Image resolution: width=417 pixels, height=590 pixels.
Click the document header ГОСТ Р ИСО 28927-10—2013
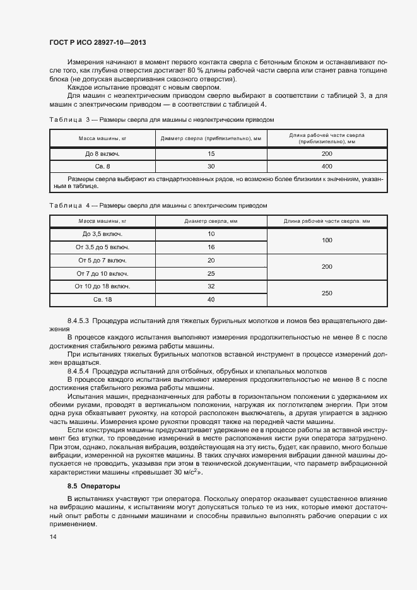pyautogui.click(x=98, y=43)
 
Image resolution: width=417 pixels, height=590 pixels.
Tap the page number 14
pyautogui.click(x=53, y=537)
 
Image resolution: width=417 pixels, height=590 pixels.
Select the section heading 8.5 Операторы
pyautogui.click(x=93, y=486)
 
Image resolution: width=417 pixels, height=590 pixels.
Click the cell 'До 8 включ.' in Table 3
pyautogui.click(x=102, y=153)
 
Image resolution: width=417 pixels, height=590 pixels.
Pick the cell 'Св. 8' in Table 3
pyautogui.click(x=102, y=166)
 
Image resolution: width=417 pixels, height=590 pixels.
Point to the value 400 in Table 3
pyautogui.click(x=326, y=166)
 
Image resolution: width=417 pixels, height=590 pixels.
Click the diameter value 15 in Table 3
pyautogui.click(x=211, y=153)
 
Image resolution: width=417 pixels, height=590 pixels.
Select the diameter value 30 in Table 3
pyautogui.click(x=211, y=166)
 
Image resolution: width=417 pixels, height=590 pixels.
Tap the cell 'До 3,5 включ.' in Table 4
pyautogui.click(x=102, y=234)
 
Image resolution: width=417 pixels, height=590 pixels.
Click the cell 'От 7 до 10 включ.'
pyautogui.click(x=102, y=273)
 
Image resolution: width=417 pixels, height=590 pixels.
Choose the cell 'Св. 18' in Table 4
pyautogui.click(x=102, y=299)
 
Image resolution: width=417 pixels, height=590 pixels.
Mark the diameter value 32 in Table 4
pyautogui.click(x=211, y=286)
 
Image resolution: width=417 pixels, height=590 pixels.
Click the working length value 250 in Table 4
pyautogui.click(x=326, y=293)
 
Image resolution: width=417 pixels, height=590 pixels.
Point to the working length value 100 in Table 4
pyautogui.click(x=326, y=240)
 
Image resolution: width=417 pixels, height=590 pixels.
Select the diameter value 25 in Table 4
pyautogui.click(x=211, y=273)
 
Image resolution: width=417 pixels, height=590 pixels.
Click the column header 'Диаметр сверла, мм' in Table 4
pyautogui.click(x=211, y=221)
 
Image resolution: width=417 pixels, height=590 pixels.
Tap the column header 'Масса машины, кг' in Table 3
pyautogui.click(x=102, y=138)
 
